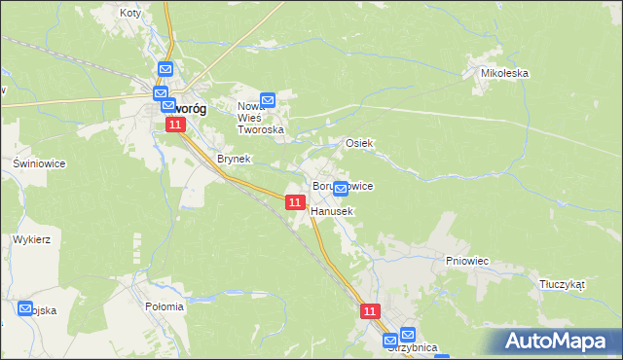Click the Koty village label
(x=129, y=14)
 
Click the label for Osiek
(x=360, y=143)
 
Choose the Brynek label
(x=234, y=159)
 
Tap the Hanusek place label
(x=333, y=210)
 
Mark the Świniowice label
(x=39, y=163)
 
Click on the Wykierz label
(x=32, y=238)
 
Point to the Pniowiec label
(x=466, y=261)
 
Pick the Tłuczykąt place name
(x=562, y=284)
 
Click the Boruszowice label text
(x=343, y=185)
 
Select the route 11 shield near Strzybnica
(x=370, y=311)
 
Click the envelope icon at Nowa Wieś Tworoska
(x=269, y=99)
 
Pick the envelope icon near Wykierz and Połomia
(x=25, y=308)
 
